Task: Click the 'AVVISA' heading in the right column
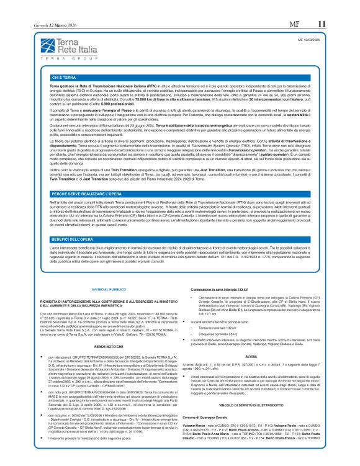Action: click(251, 374)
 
